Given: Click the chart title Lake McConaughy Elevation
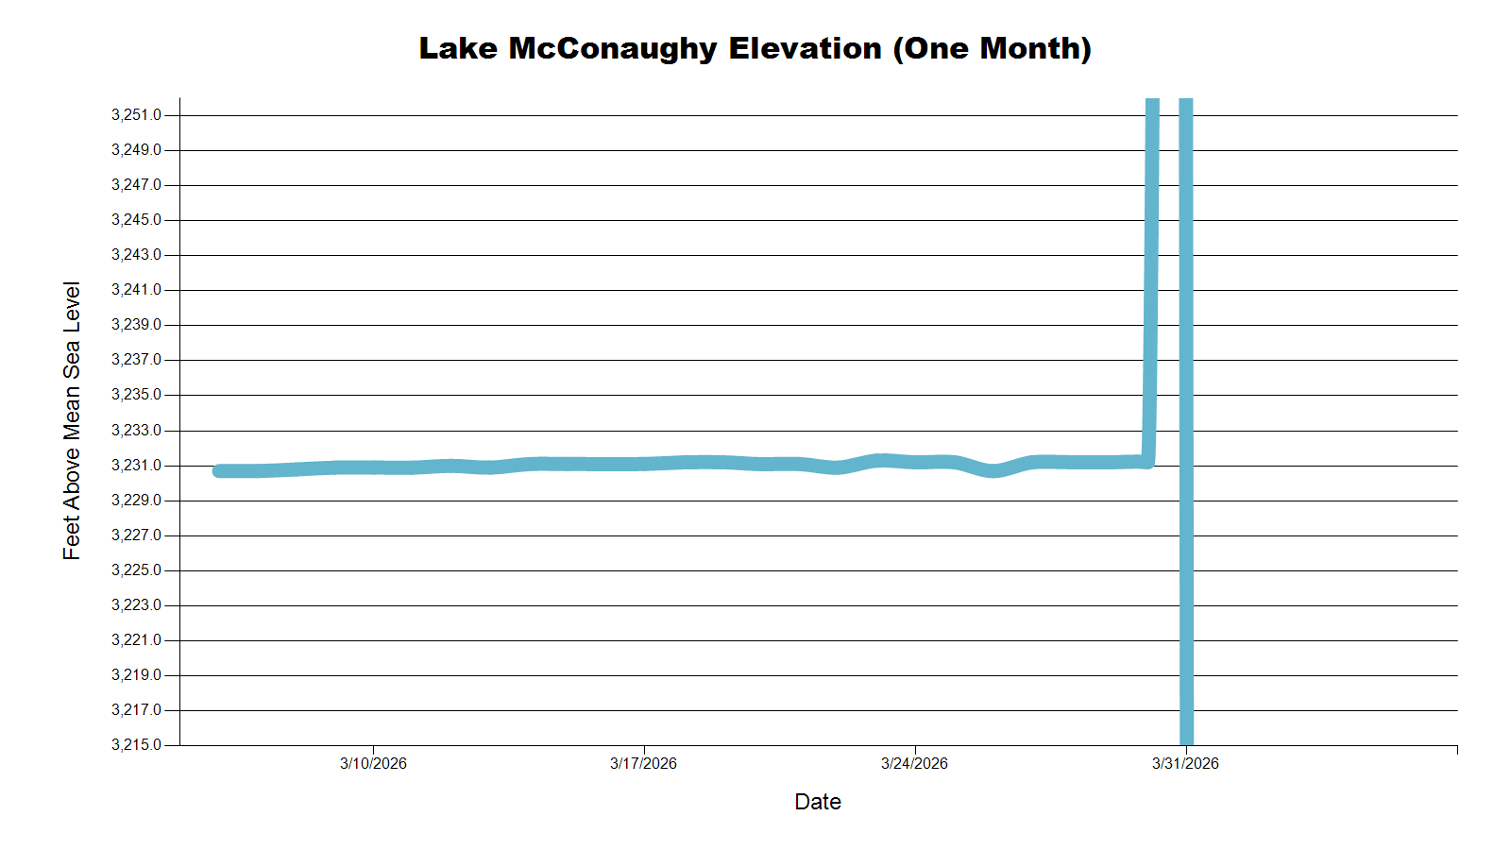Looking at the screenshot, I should point(650,48).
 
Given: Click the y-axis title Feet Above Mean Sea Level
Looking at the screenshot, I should point(72,420).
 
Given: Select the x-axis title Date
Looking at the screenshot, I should point(818,802).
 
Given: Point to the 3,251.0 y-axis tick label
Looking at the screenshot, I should point(136,115).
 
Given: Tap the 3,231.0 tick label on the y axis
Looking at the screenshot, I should point(136,466).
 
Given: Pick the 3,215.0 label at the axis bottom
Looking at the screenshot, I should point(136,745).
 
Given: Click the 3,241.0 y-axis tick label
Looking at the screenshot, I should point(136,290).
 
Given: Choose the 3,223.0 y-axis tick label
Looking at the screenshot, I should point(136,605).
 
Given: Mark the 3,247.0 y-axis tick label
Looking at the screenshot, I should point(136,185).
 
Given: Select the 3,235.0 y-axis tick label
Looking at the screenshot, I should point(136,395).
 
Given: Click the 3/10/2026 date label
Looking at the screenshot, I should point(373,764).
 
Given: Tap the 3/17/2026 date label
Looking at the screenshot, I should point(643,764).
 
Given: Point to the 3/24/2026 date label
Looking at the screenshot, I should point(914,764).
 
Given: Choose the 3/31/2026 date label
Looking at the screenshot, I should point(1185,764).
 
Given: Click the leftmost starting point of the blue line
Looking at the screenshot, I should point(219,470).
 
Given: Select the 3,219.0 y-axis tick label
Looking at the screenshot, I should point(136,675).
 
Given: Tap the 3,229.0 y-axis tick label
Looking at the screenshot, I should point(136,501).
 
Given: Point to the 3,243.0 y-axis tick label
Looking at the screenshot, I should point(136,255).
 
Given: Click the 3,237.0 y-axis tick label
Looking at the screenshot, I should point(136,360).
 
